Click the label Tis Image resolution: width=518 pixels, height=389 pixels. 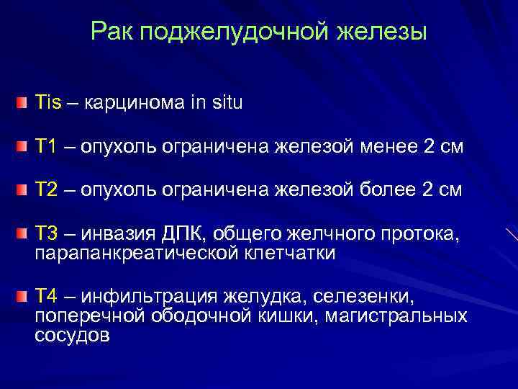(x=48, y=102)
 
